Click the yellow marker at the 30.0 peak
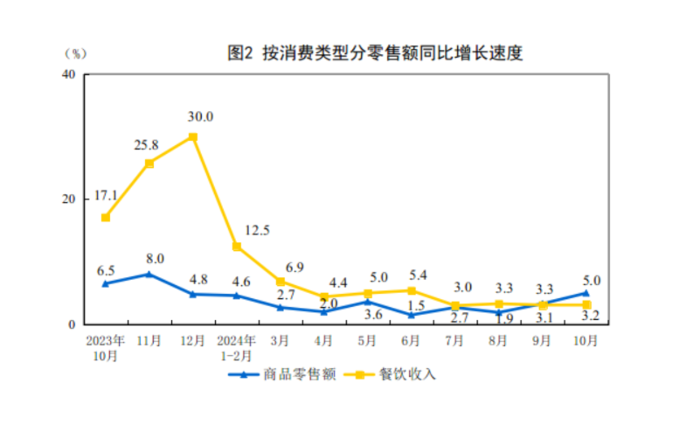193,137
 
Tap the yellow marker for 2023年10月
106,217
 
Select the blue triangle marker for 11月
149,274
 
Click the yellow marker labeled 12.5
237,247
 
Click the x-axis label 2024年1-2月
236,346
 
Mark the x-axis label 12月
193,340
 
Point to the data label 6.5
106,270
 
